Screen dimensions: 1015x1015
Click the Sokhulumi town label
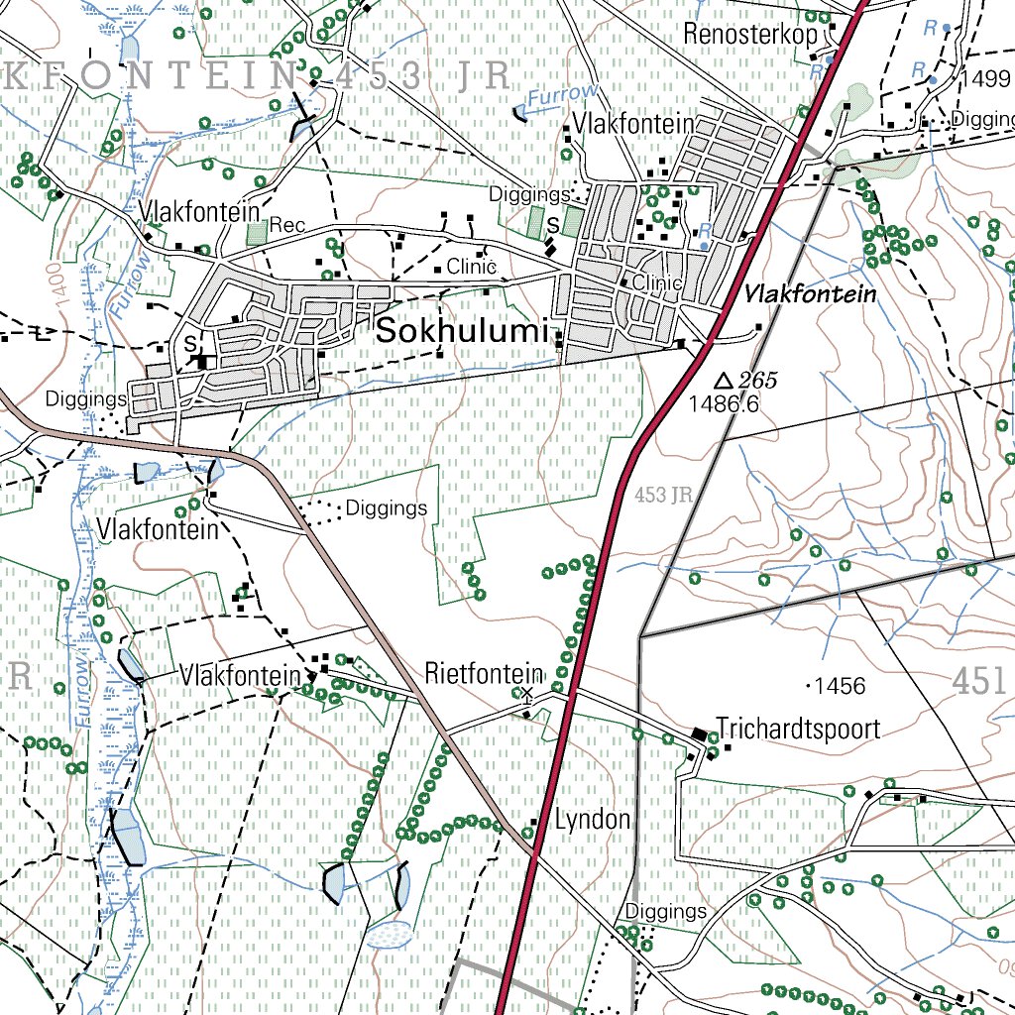462,333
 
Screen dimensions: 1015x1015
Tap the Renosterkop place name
749,34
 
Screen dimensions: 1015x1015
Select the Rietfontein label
484,674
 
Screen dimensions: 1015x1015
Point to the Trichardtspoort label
798,730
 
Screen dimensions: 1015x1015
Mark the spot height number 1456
839,686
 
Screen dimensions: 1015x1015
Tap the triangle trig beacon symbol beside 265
724,381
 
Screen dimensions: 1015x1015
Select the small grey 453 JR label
662,494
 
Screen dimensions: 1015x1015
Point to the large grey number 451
980,682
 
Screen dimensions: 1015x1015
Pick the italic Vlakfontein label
811,294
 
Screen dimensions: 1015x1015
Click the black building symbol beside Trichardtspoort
700,733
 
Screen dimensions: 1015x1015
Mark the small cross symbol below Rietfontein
527,694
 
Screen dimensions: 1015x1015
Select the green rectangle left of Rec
257,234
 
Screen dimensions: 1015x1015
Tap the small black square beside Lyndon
535,823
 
